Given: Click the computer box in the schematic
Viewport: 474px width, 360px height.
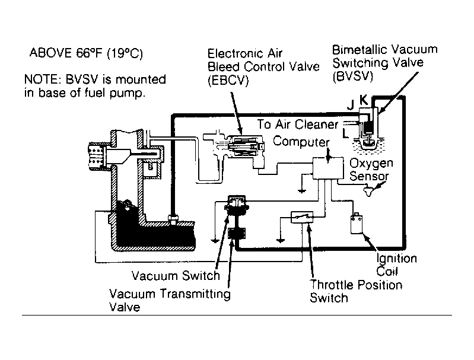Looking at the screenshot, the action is pyautogui.click(x=328, y=168).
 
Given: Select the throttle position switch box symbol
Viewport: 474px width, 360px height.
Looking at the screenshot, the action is pyautogui.click(x=302, y=217).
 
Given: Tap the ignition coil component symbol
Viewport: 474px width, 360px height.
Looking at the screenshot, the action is pyautogui.click(x=357, y=224).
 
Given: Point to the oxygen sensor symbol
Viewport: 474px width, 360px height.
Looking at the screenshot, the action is pyautogui.click(x=368, y=192).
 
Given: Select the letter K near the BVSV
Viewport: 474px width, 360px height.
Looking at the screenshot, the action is pyautogui.click(x=364, y=100).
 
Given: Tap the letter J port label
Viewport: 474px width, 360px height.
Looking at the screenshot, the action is pyautogui.click(x=351, y=105).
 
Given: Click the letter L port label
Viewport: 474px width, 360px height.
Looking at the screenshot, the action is pyautogui.click(x=345, y=133).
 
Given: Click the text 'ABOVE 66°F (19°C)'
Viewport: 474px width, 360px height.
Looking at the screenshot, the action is pyautogui.click(x=86, y=53).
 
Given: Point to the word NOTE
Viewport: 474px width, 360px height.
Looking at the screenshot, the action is pyautogui.click(x=41, y=79).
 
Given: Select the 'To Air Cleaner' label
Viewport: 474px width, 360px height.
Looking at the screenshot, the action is pyautogui.click(x=298, y=124).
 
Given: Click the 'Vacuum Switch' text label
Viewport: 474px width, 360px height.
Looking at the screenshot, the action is pyautogui.click(x=176, y=275).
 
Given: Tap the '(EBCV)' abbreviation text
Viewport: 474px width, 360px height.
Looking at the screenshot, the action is pyautogui.click(x=228, y=81).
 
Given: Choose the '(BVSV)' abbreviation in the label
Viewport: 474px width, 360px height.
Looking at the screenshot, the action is pyautogui.click(x=353, y=76).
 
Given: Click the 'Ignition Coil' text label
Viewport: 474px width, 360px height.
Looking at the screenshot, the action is pyautogui.click(x=396, y=265).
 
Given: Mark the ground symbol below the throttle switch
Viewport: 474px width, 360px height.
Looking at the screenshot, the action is pyautogui.click(x=281, y=241).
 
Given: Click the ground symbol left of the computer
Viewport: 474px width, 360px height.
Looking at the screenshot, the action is pyautogui.click(x=301, y=191).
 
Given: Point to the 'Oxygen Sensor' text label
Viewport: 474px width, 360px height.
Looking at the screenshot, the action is pyautogui.click(x=371, y=170).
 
